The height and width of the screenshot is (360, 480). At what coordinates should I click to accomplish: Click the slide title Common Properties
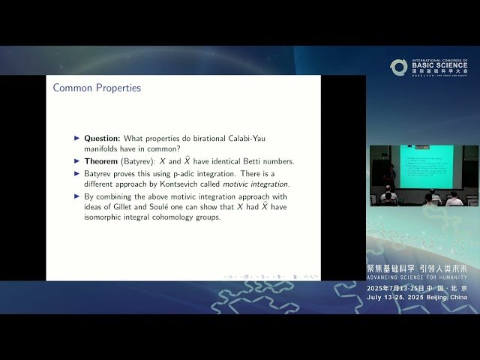(x=97, y=88)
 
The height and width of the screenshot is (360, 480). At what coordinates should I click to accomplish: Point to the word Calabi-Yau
(x=263, y=139)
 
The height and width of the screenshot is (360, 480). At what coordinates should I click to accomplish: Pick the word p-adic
(x=176, y=172)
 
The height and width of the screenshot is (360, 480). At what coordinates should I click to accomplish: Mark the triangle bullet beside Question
(x=76, y=139)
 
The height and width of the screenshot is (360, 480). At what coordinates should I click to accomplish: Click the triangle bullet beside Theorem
(x=76, y=161)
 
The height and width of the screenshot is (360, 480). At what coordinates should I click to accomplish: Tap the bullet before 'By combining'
(x=76, y=196)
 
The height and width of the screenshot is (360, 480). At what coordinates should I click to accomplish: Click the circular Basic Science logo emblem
(x=398, y=67)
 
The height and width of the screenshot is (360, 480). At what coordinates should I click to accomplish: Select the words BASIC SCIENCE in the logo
(x=439, y=66)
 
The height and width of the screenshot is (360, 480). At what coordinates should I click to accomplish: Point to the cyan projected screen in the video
(x=425, y=166)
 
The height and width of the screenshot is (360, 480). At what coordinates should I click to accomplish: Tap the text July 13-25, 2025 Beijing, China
(x=417, y=297)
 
